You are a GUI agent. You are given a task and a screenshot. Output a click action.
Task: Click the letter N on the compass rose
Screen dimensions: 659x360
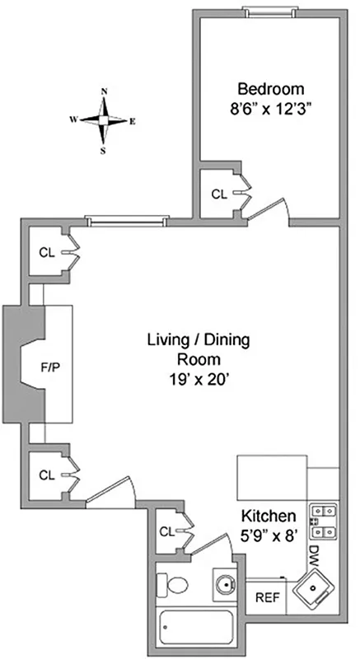[x=105, y=92]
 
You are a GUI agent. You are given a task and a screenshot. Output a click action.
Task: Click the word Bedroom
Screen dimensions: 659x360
[x=271, y=89]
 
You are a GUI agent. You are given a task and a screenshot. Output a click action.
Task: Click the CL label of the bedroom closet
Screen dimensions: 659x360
[x=218, y=195]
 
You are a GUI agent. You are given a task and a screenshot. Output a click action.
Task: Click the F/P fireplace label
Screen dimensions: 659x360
[x=50, y=367]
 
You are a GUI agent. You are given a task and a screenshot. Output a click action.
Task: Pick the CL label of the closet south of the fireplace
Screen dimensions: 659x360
[x=46, y=475]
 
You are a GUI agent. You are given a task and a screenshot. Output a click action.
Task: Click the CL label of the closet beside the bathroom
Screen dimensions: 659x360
[x=168, y=532]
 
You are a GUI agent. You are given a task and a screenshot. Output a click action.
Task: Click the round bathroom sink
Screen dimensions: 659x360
[x=223, y=584]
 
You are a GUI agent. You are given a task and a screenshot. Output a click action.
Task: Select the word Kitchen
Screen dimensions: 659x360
[x=269, y=516]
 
